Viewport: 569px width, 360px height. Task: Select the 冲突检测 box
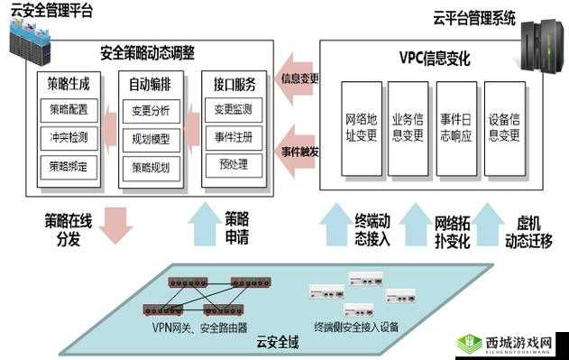tap(69, 138)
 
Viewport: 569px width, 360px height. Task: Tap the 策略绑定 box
tap(69, 166)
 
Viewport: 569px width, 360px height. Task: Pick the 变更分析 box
tap(151, 111)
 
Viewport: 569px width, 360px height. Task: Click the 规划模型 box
tap(151, 139)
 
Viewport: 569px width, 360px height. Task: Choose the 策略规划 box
tap(151, 167)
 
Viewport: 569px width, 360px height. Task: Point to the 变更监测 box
tap(233, 110)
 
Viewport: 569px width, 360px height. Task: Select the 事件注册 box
tap(233, 137)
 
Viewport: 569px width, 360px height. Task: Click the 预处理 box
tap(233, 164)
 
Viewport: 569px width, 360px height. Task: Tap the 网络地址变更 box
tap(361, 127)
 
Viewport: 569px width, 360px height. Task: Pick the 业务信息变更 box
tap(408, 127)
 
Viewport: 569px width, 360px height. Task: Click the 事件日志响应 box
tap(455, 127)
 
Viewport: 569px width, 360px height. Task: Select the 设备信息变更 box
tap(504, 127)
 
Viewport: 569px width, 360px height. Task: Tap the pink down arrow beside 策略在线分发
tap(115, 225)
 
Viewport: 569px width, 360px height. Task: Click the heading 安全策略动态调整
tap(148, 53)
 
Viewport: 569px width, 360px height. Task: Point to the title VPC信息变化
tap(435, 58)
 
